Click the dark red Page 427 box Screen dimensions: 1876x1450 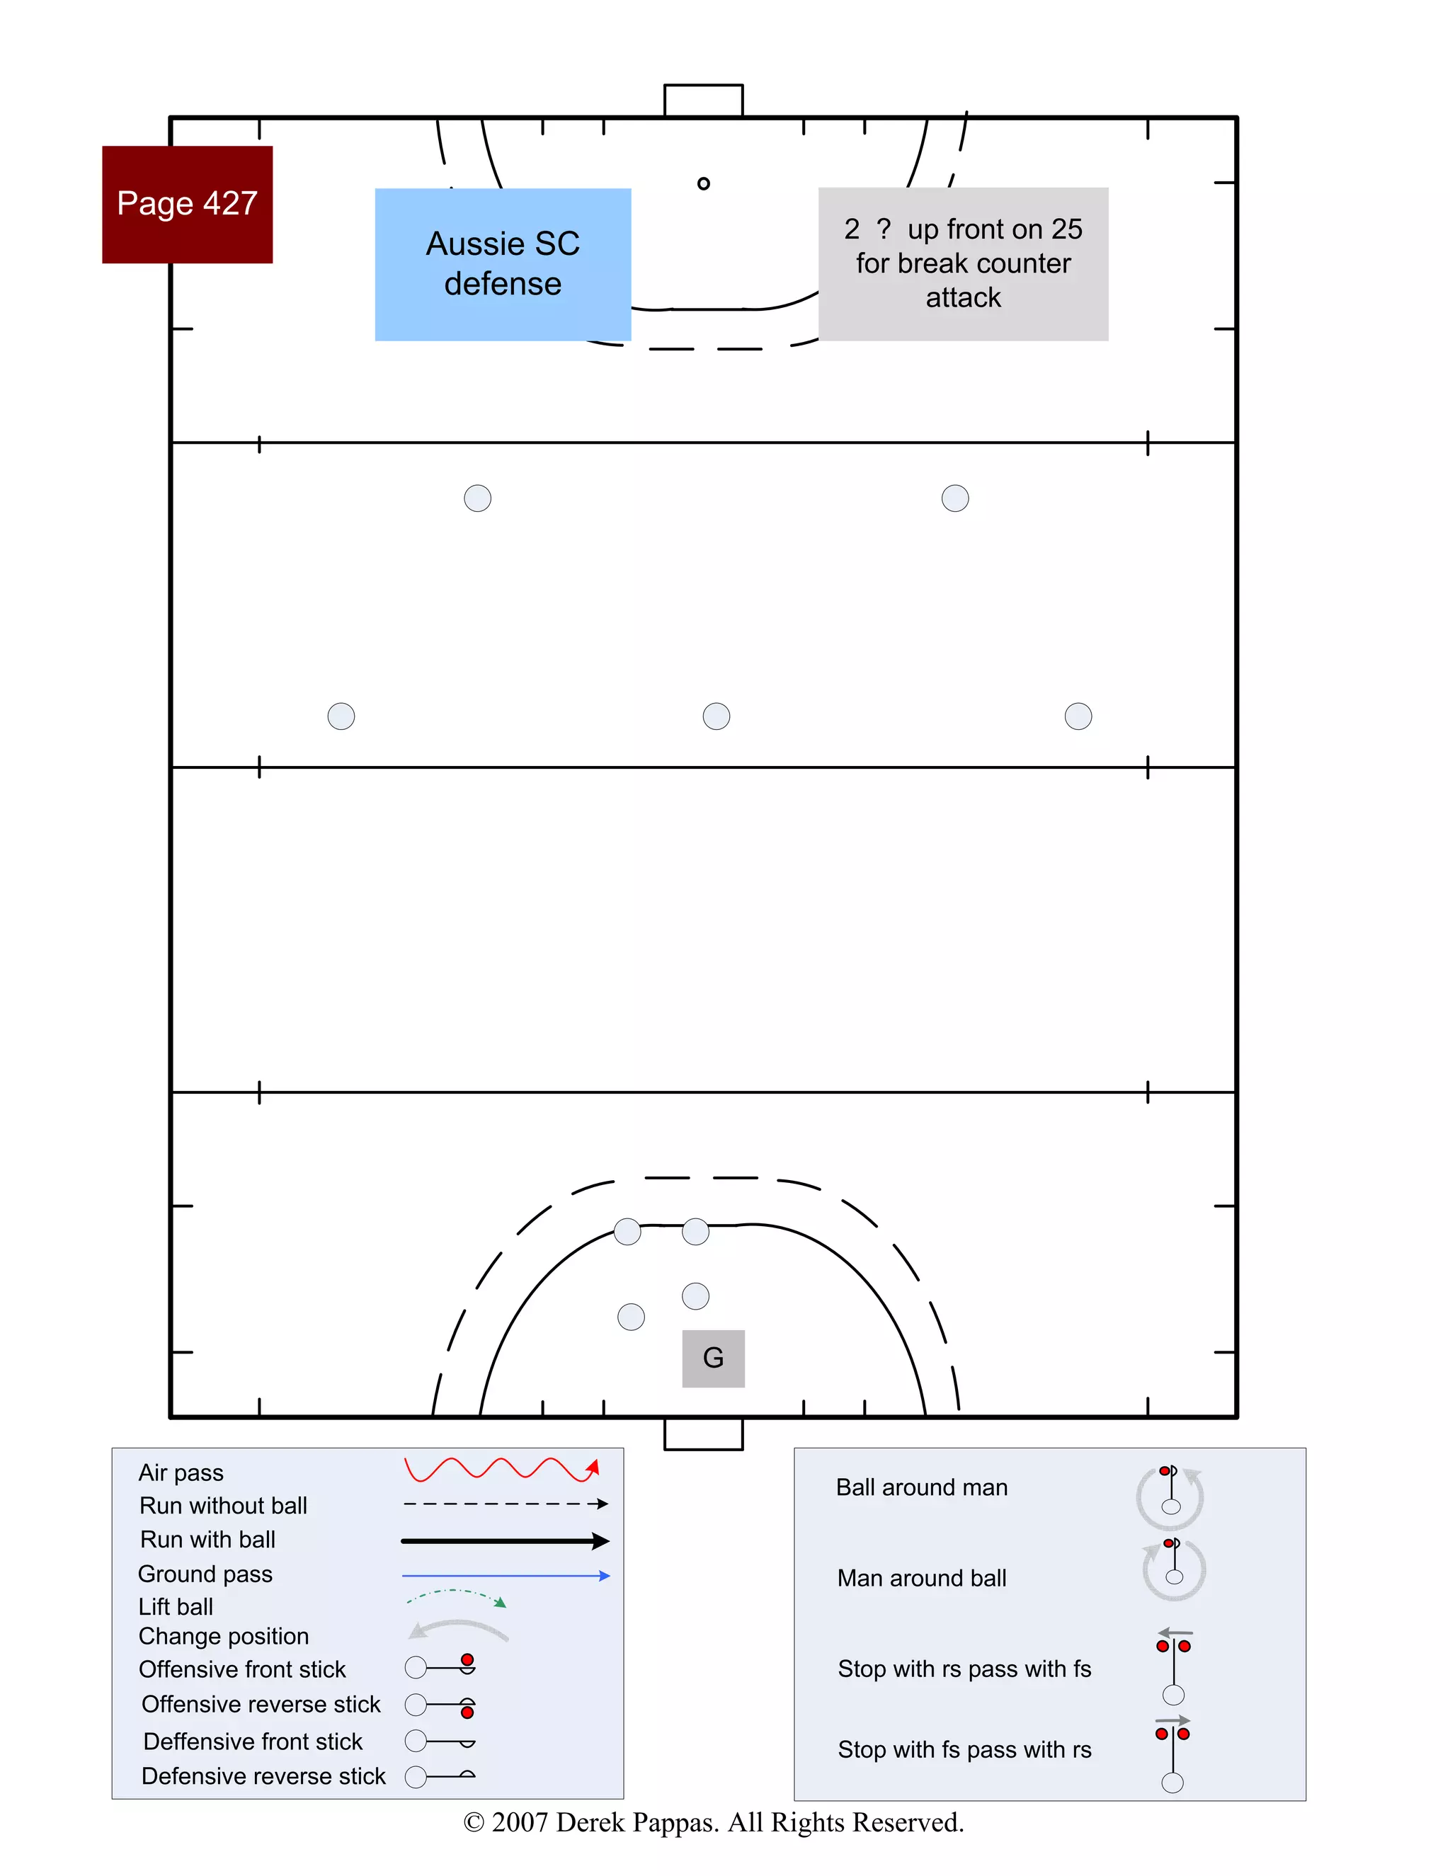click(x=187, y=205)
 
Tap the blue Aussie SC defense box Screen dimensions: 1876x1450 click(x=503, y=264)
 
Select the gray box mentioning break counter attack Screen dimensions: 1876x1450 click(x=963, y=264)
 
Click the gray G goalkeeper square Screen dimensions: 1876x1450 click(x=713, y=1358)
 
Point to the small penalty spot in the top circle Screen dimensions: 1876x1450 click(x=704, y=183)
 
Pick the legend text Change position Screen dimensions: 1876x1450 click(x=223, y=1636)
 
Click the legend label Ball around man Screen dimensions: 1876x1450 click(x=922, y=1488)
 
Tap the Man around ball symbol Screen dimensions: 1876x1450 click(x=1173, y=1569)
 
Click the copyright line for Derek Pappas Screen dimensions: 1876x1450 click(x=713, y=1822)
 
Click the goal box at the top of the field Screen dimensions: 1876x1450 click(x=704, y=101)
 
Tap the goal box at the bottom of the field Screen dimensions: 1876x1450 click(x=704, y=1434)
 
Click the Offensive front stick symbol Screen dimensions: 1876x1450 click(x=440, y=1666)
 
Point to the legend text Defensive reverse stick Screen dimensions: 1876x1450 click(x=263, y=1776)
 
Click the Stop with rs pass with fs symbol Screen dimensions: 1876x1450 click(x=1173, y=1666)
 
